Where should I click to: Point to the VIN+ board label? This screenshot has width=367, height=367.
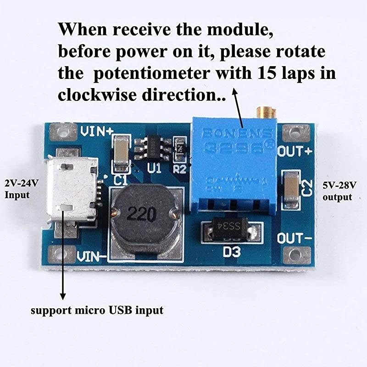[97, 131]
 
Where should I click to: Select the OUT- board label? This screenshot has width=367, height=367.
[295, 239]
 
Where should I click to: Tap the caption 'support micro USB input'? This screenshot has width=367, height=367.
[97, 311]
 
